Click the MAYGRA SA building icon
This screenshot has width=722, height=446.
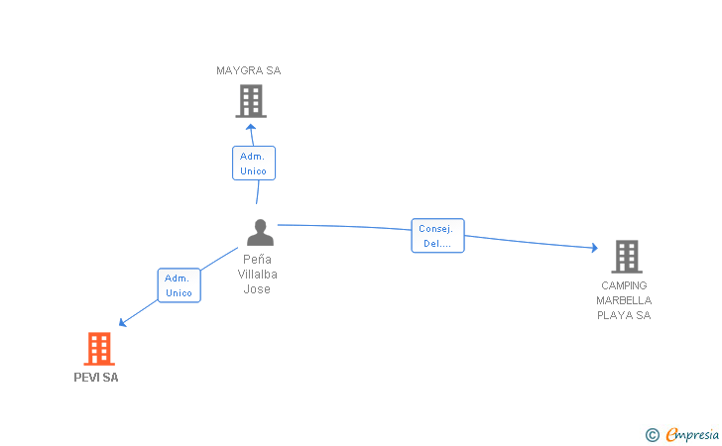[251, 100]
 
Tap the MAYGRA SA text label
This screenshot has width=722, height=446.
[249, 70]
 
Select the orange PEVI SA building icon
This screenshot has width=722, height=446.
[98, 349]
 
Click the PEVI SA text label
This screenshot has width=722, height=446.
[96, 378]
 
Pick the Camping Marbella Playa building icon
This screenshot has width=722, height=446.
[626, 257]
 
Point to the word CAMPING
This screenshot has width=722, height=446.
[624, 285]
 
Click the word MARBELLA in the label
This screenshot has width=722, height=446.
[624, 300]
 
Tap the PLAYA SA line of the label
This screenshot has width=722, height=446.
[624, 315]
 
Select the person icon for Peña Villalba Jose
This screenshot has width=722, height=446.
[260, 232]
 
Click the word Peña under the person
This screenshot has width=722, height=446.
[257, 259]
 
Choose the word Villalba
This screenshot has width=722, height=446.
[257, 274]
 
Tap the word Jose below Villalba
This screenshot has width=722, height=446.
[257, 289]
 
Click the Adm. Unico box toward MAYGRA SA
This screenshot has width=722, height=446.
[253, 164]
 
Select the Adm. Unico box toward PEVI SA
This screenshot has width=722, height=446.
[179, 285]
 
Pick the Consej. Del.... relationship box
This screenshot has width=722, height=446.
[437, 236]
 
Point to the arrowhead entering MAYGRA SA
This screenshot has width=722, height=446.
[251, 126]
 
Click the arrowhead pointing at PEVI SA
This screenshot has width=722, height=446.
[123, 321]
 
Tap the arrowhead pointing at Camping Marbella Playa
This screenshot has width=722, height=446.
[594, 249]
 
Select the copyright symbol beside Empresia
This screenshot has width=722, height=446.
[652, 434]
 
